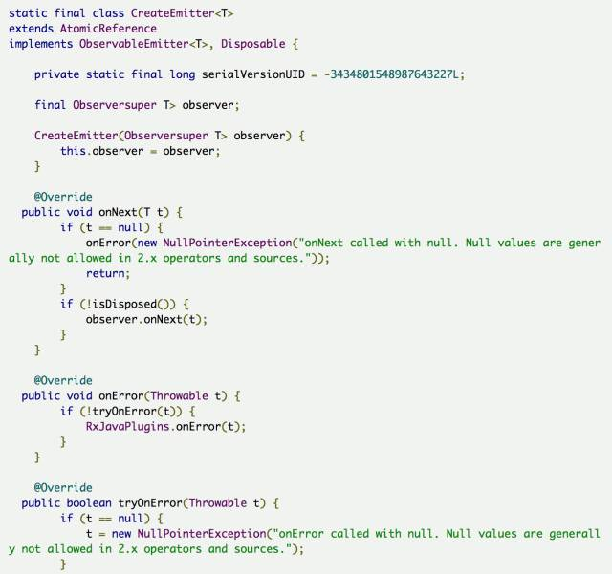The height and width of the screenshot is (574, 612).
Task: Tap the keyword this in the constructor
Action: coord(73,151)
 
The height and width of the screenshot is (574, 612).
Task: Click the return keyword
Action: coord(106,273)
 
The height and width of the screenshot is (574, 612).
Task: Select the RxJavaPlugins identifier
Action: coord(129,426)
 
